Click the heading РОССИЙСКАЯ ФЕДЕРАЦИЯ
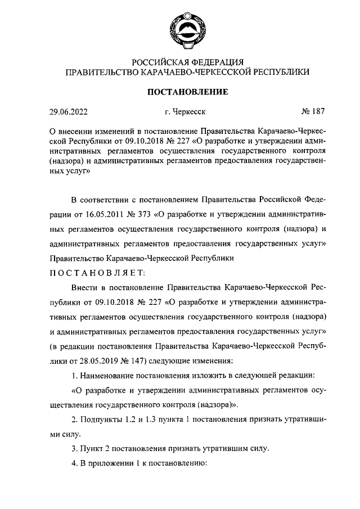pyautogui.click(x=187, y=62)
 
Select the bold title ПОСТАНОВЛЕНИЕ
pyautogui.click(x=187, y=92)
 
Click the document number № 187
pyautogui.click(x=313, y=111)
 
